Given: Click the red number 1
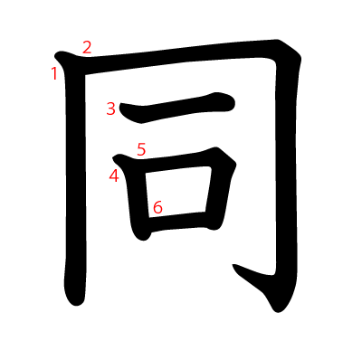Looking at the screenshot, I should coord(54,73).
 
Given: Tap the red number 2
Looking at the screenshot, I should coord(87,48).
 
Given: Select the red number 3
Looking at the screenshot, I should coord(110,109).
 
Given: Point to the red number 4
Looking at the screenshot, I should coord(114,175).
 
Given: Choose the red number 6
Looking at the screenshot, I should coord(157,207).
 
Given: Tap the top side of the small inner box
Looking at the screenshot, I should coord(181,159).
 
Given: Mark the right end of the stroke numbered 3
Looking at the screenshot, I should coord(228,101).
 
